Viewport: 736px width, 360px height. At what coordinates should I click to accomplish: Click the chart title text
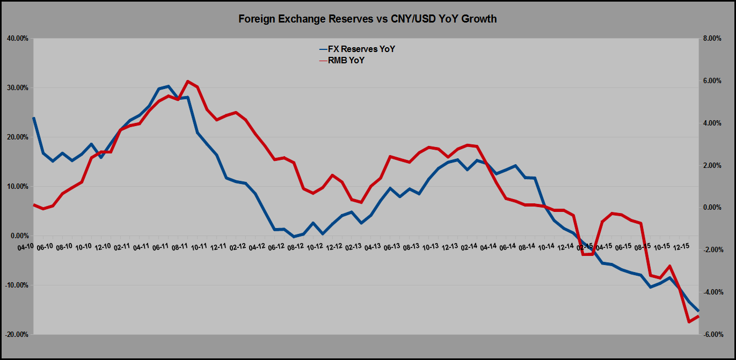[x=368, y=19]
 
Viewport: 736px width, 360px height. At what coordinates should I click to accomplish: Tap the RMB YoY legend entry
[x=345, y=61]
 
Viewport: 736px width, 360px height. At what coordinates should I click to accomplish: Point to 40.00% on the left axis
[x=18, y=39]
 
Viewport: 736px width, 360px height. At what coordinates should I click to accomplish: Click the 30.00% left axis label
[x=18, y=88]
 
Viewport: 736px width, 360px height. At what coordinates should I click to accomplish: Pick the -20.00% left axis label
[x=17, y=335]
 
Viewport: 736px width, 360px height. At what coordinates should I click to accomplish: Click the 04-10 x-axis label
[x=25, y=247]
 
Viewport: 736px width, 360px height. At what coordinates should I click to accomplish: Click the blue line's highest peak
[x=169, y=86]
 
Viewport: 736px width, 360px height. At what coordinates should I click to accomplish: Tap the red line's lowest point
[x=689, y=322]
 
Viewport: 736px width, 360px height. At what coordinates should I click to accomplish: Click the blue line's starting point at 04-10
[x=34, y=118]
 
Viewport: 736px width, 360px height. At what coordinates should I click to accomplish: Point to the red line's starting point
[x=34, y=204]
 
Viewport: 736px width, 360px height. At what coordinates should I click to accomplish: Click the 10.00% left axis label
[x=18, y=187]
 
